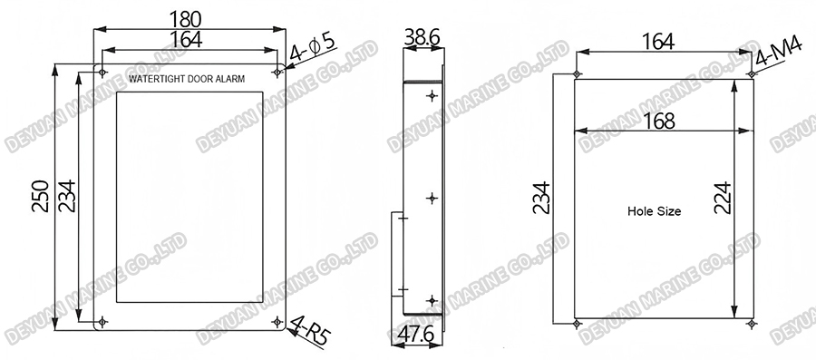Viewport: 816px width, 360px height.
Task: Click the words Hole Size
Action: [654, 210]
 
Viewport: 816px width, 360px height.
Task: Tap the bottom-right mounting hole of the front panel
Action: [277, 320]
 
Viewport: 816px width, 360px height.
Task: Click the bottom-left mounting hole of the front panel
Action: [103, 320]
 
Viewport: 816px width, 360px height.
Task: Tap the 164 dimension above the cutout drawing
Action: [659, 41]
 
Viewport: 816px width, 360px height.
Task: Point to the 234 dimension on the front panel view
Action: [67, 194]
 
